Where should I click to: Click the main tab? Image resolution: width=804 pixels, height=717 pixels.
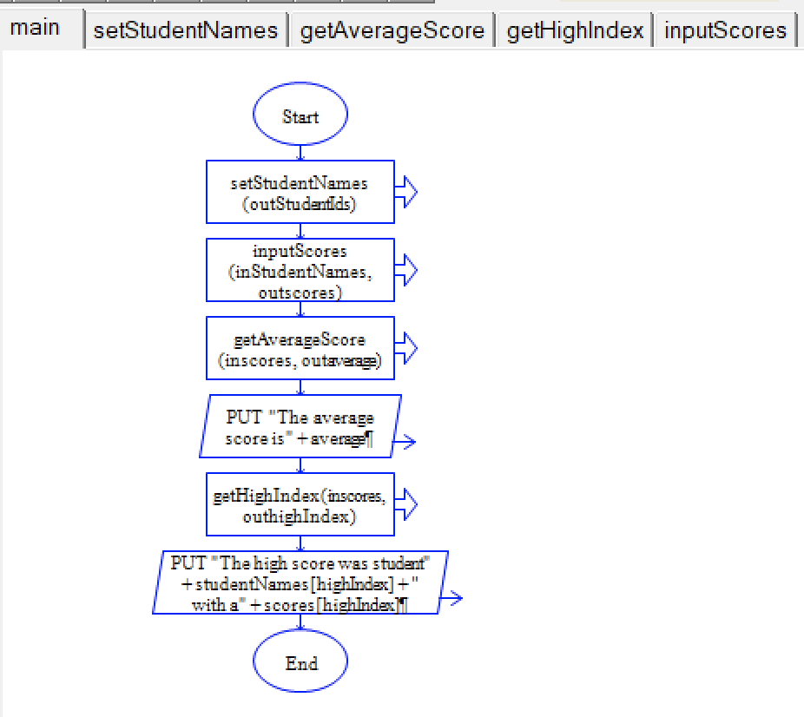36,28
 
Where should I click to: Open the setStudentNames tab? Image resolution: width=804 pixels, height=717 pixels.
186,31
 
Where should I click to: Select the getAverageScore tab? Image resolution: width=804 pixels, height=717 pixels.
392,31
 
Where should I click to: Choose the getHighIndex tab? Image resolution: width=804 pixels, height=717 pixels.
575,31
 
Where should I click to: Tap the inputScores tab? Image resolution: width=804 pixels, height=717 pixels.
725,31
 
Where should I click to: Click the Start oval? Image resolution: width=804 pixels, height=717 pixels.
300,116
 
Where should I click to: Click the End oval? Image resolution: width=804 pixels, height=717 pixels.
300,663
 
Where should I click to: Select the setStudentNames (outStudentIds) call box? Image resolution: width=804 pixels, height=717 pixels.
300,192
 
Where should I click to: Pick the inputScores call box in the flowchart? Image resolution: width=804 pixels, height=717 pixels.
300,270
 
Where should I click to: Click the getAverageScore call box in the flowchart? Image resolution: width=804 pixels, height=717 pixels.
300,348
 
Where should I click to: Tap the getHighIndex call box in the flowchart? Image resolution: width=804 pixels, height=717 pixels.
300,504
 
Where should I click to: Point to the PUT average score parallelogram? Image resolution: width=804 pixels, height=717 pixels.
300,427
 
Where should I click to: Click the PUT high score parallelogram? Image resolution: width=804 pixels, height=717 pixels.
300,582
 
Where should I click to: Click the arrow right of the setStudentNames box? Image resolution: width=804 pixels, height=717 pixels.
406,192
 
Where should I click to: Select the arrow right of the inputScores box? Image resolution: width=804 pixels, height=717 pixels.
406,270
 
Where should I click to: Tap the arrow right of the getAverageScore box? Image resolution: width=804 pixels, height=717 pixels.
406,348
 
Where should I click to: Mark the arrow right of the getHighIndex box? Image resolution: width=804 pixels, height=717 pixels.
406,504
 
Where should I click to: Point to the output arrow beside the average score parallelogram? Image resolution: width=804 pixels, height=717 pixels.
405,442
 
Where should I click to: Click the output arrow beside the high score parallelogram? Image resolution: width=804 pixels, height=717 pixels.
452,598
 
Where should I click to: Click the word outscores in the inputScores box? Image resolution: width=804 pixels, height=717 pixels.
300,293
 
